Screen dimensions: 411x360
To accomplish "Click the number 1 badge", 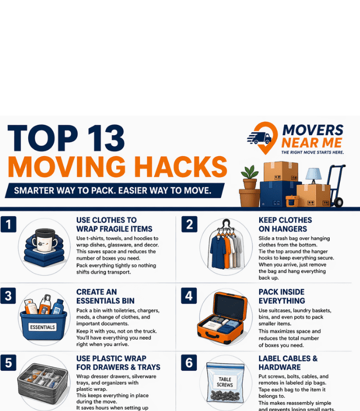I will pyautogui.click(x=9, y=225).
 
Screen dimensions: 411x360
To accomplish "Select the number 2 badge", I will pyautogui.click(x=189, y=225).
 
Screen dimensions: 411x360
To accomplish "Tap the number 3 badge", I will pyautogui.click(x=9, y=295).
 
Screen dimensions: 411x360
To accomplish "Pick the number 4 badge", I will pyautogui.click(x=189, y=295).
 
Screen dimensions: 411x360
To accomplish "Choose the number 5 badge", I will pyautogui.click(x=9, y=363).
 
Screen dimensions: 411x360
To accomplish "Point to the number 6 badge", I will pyautogui.click(x=189, y=363).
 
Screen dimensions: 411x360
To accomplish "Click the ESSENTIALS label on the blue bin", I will pyautogui.click(x=43, y=327).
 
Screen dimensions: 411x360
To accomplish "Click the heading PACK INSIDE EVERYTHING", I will pyautogui.click(x=282, y=296).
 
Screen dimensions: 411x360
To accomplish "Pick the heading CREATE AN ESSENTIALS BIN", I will pyautogui.click(x=105, y=296).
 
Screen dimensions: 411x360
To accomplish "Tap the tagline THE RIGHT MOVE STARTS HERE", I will pyautogui.click(x=312, y=153).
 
